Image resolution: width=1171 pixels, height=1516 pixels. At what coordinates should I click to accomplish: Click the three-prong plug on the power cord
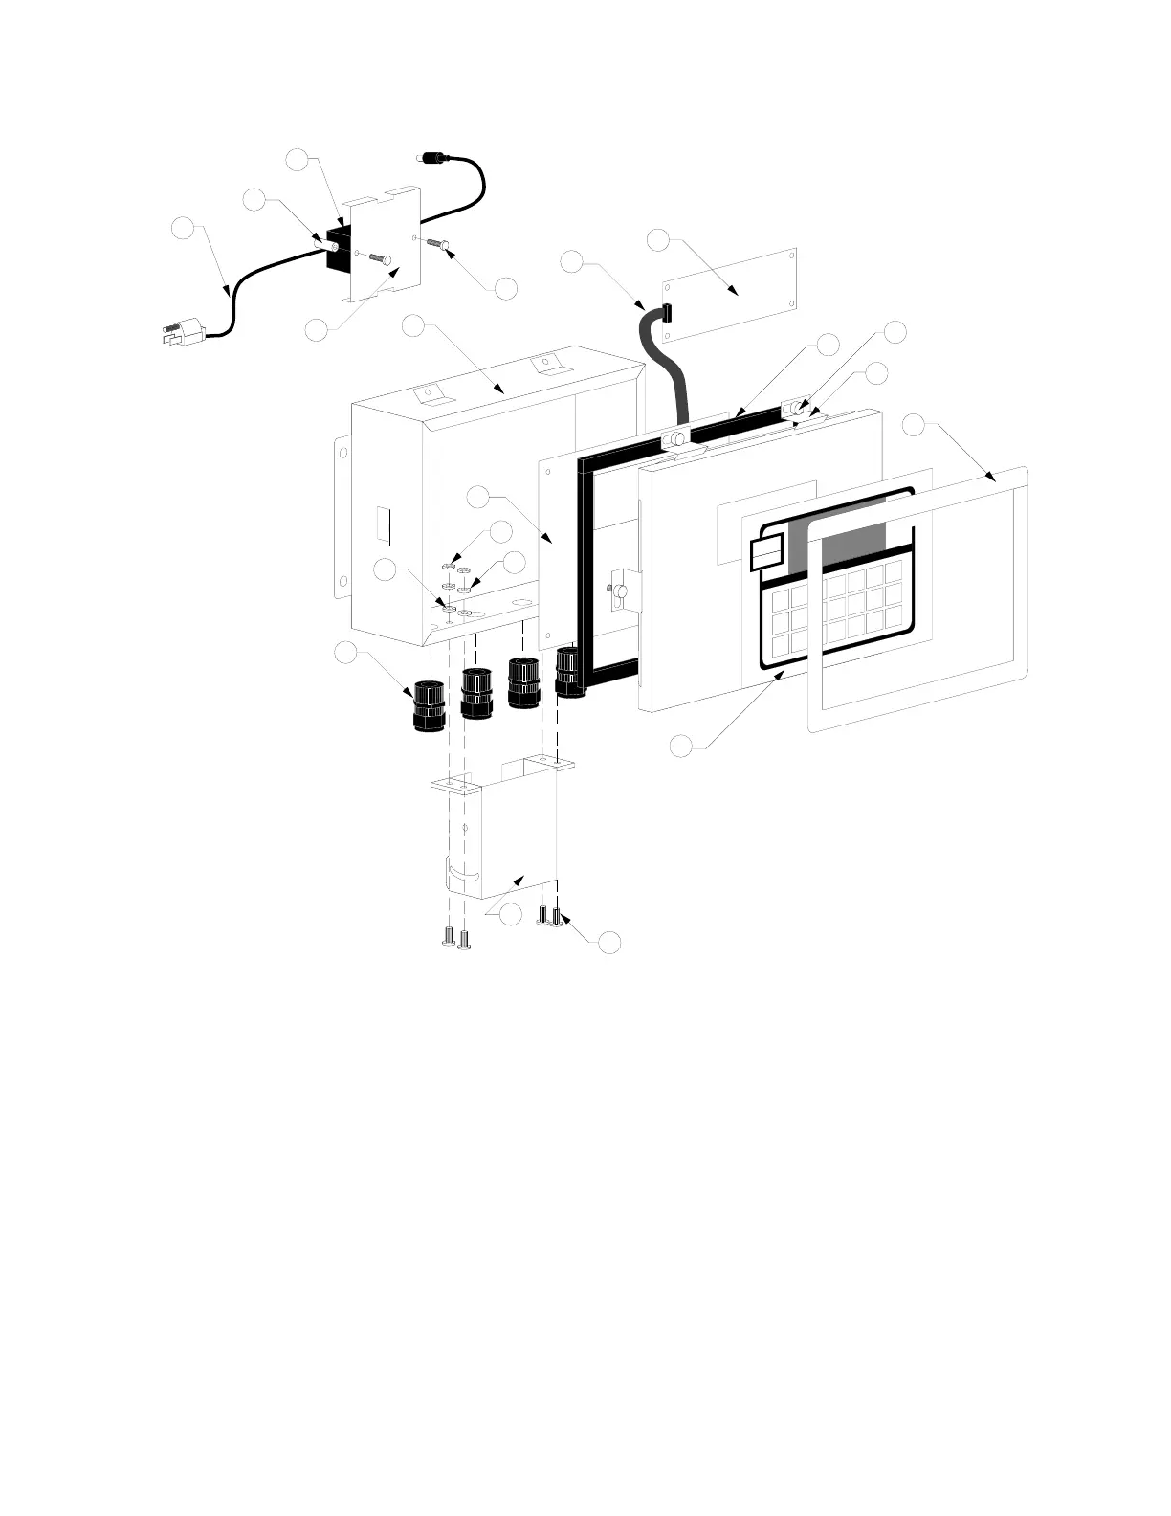[185, 332]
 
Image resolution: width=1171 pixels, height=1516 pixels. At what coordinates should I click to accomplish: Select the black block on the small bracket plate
[337, 248]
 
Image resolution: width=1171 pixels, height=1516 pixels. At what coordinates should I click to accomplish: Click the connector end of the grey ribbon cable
[667, 310]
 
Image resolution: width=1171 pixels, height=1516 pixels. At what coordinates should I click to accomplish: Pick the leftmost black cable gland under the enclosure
[429, 705]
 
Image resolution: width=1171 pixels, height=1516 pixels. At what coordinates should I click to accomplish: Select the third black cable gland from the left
[523, 682]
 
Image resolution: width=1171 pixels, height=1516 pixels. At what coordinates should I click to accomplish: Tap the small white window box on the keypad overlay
[766, 552]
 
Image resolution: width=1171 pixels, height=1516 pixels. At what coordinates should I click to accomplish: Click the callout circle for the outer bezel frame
[915, 426]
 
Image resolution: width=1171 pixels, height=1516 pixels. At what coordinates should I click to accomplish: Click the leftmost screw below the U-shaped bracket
[448, 937]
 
